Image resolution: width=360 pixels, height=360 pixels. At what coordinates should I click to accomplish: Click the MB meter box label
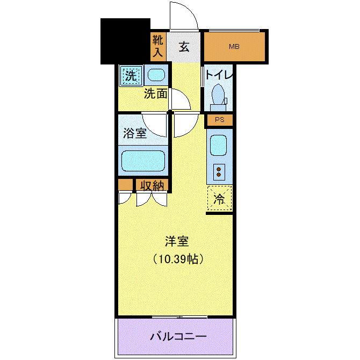(234, 47)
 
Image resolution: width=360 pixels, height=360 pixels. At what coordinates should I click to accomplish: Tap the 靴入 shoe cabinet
(158, 47)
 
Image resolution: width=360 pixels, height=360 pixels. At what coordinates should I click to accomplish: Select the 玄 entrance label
(184, 47)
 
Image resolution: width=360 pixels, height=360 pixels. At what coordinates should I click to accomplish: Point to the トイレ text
(219, 75)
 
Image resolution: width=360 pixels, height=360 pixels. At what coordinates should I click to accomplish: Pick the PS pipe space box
(220, 120)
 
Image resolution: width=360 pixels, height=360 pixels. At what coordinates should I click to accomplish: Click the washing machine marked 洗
(131, 76)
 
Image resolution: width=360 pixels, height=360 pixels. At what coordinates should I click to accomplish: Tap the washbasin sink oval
(156, 75)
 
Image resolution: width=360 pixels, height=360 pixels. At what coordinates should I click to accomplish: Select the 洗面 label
(155, 93)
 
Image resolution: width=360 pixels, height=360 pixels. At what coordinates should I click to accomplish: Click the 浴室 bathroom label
(135, 133)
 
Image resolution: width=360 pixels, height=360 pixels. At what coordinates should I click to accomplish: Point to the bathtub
(143, 161)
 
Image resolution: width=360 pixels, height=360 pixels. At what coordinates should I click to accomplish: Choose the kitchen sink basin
(218, 145)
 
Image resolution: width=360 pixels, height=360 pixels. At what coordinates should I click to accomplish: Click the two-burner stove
(219, 172)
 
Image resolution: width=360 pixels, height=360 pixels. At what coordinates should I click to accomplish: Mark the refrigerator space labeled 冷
(219, 198)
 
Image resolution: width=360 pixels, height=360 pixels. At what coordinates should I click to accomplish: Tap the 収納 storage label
(152, 185)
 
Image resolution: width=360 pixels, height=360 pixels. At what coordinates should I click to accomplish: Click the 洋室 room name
(177, 241)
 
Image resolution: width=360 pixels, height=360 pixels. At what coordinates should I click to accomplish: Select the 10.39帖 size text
(178, 259)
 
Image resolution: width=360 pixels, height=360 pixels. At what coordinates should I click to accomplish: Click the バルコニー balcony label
(178, 336)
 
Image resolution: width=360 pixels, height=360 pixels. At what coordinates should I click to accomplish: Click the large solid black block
(125, 41)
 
